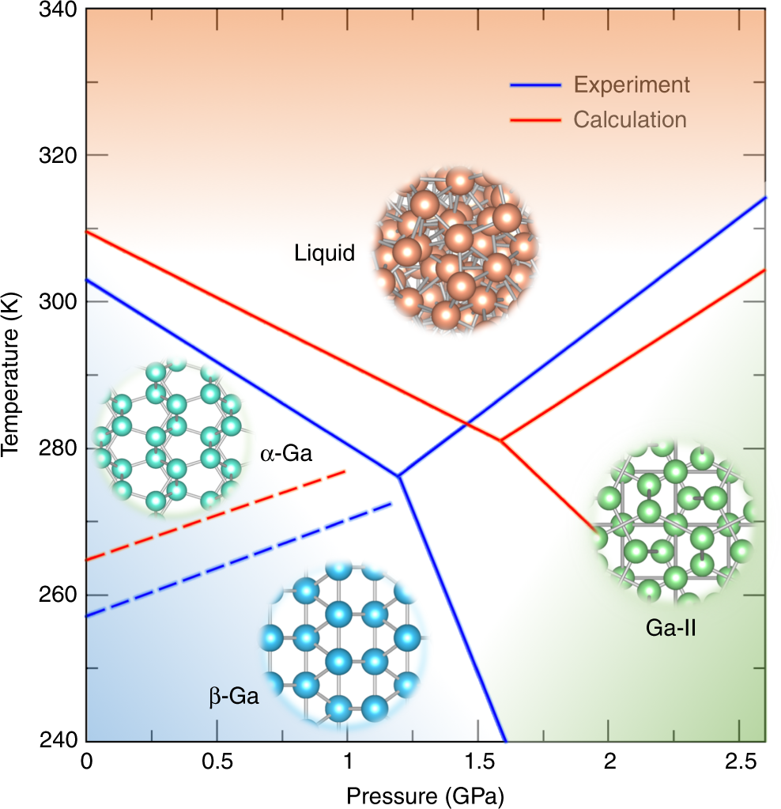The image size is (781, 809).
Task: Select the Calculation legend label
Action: [630, 120]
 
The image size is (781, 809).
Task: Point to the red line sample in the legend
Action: [535, 120]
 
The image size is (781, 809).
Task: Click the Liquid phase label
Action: [324, 254]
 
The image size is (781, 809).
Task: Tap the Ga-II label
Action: [670, 629]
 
